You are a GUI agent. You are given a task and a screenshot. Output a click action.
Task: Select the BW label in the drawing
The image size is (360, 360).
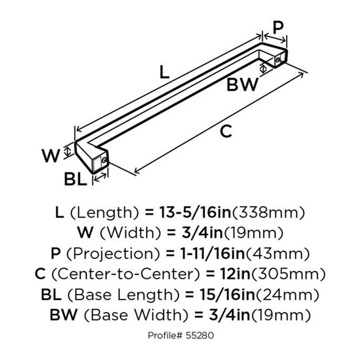coord(242,85)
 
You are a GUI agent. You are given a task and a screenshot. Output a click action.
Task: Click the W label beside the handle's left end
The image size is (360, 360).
coord(50,156)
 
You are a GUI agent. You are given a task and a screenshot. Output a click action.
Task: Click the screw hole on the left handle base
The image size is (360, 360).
coord(106,159)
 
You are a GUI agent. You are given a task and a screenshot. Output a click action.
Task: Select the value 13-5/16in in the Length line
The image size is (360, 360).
coord(196,213)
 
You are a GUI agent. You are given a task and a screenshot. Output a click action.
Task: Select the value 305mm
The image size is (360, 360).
coord(288,274)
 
